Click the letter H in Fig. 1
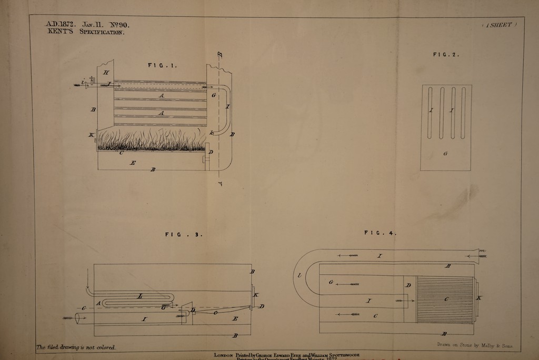[x=106, y=72]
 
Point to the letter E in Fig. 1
[x=133, y=163]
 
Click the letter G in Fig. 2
[x=445, y=154]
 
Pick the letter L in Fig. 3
[x=139, y=297]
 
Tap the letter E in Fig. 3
[x=235, y=318]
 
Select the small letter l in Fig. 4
[x=300, y=275]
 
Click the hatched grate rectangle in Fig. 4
[x=445, y=299]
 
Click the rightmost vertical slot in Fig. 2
[x=463, y=113]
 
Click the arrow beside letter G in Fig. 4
[x=350, y=284]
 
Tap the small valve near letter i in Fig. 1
[x=92, y=81]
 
